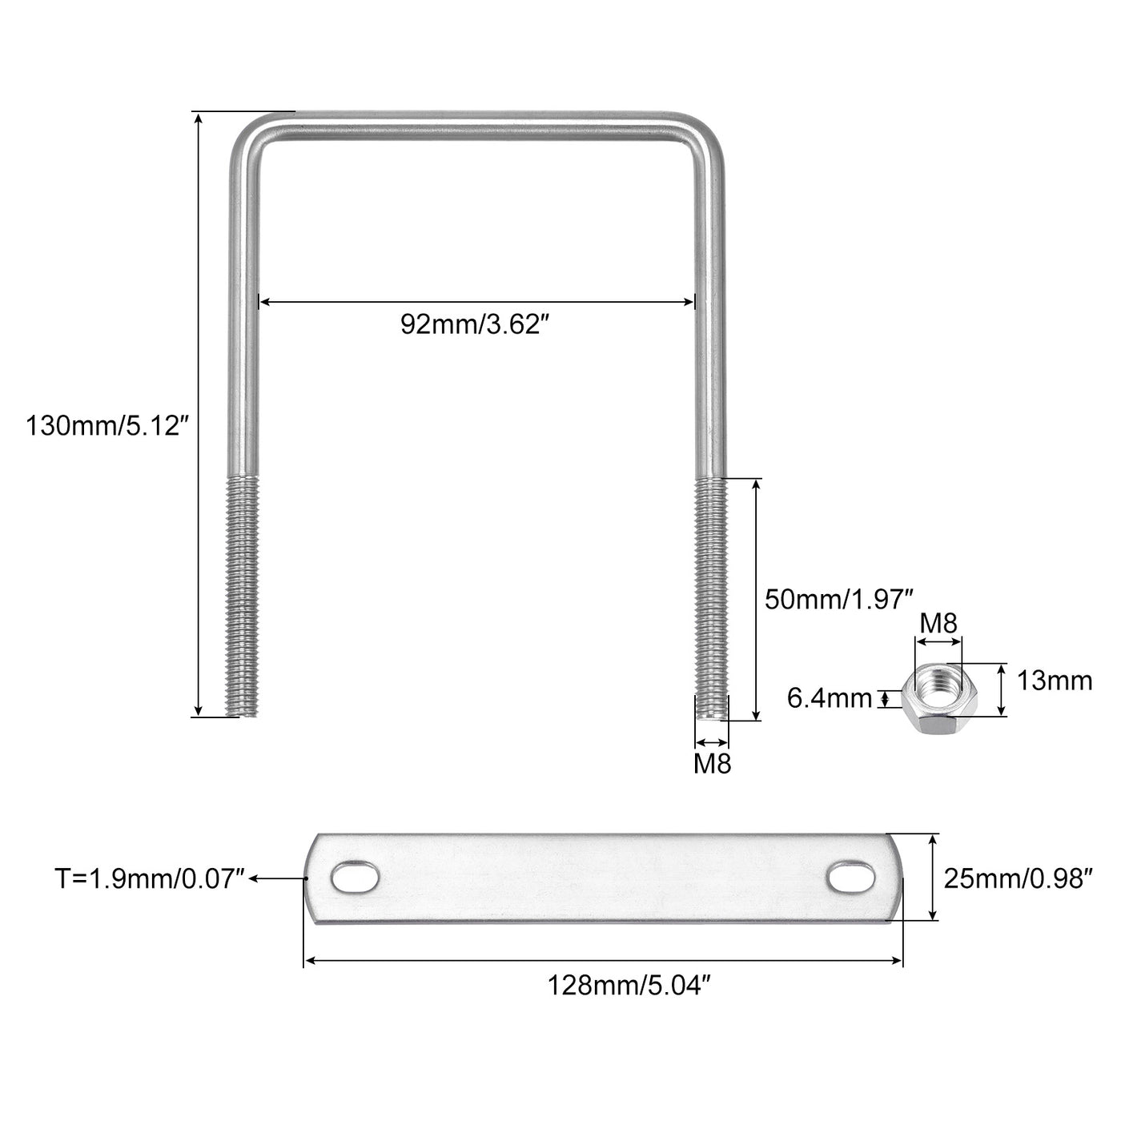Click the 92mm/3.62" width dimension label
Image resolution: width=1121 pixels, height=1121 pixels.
coord(475,324)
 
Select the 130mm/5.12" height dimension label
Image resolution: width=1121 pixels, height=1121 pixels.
coord(107,426)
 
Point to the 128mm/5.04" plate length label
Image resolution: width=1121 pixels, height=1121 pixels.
coord(629,986)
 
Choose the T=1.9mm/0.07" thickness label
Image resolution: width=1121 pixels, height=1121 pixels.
coord(150,878)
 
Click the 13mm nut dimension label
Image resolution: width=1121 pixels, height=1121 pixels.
coord(1054,681)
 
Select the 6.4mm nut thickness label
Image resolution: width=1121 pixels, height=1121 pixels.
coord(829,698)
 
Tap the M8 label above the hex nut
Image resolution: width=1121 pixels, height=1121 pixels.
coord(938,624)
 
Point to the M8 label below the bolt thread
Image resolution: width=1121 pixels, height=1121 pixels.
coord(712,764)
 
